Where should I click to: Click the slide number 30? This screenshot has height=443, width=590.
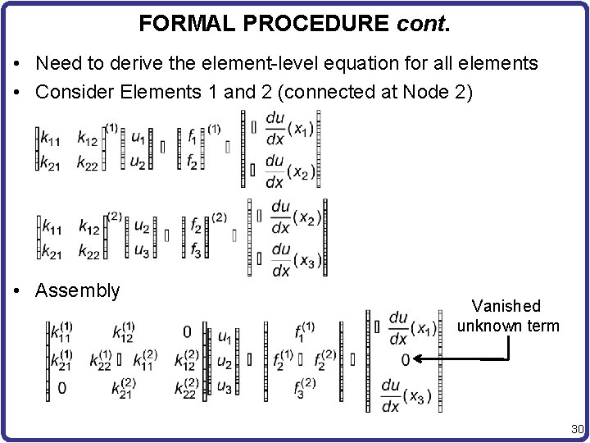tap(576, 428)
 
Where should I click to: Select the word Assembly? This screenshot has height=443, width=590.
tap(78, 290)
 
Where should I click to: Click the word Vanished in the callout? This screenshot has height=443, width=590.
tap(507, 306)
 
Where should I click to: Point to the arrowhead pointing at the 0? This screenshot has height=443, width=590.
tap(419, 359)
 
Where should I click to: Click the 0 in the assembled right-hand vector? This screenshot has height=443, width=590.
tap(406, 359)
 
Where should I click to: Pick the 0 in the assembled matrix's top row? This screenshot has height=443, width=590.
tap(187, 332)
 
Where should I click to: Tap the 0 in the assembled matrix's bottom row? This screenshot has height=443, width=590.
tap(62, 387)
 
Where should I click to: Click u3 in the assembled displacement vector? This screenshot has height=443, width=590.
tap(224, 386)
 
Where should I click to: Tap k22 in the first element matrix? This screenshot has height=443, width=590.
tap(88, 162)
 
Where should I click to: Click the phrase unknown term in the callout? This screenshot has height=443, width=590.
tap(508, 326)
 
